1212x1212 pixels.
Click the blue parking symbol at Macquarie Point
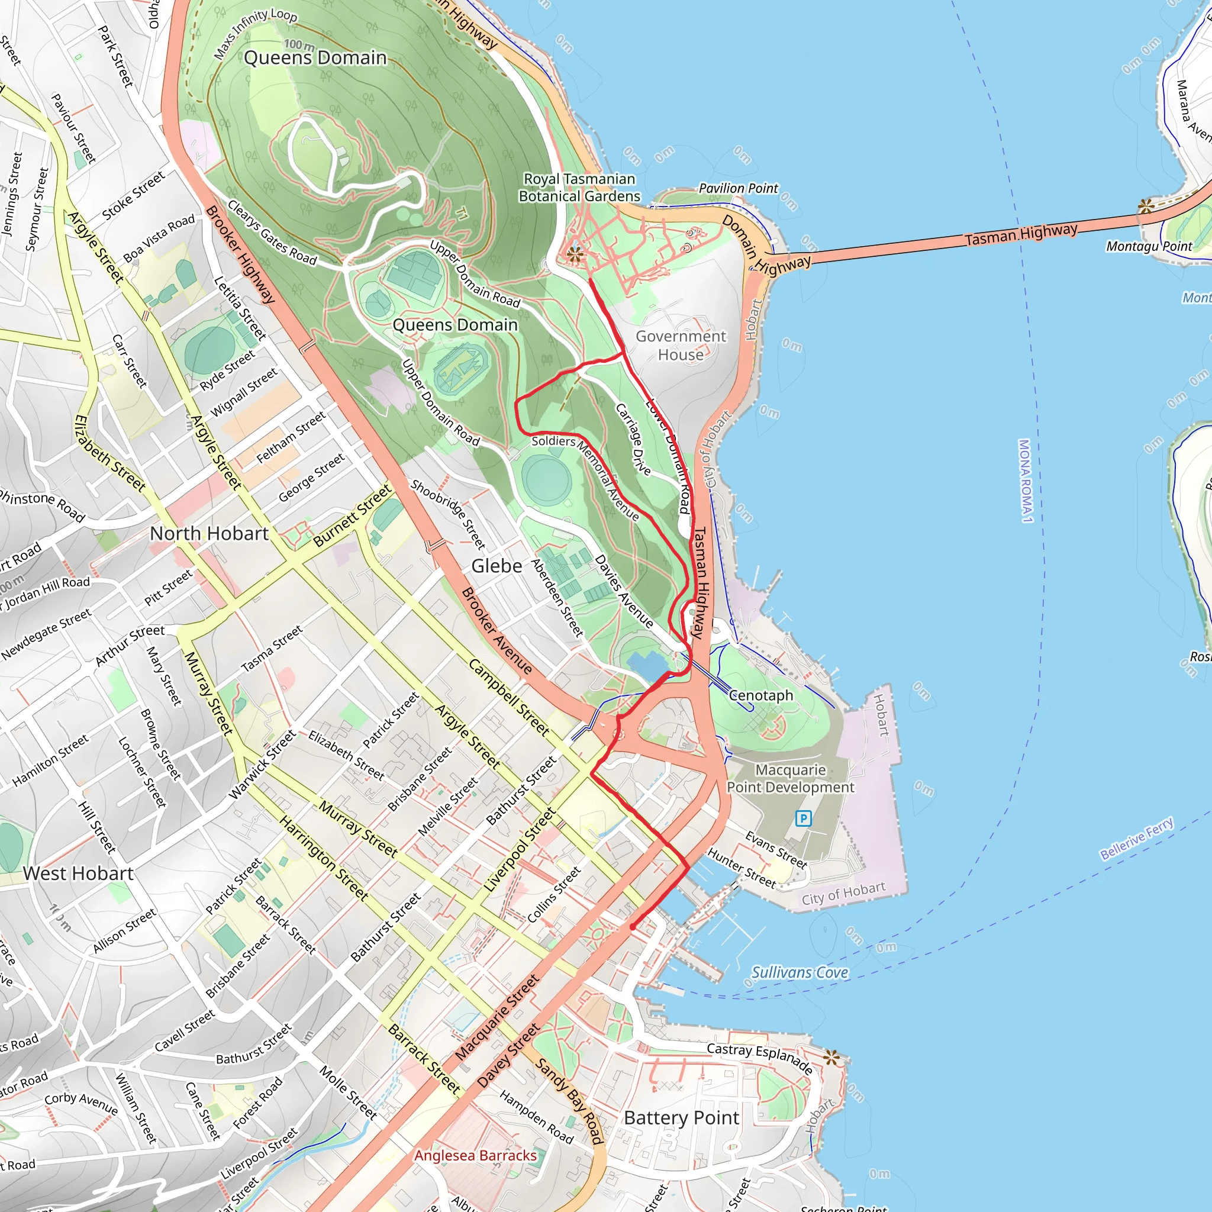(803, 818)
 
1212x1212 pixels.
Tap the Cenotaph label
(761, 695)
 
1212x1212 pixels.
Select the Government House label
(681, 345)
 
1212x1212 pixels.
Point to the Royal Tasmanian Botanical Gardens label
(579, 188)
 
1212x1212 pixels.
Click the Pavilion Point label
(738, 188)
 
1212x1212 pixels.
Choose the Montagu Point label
(1149, 247)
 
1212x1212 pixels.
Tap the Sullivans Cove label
(800, 972)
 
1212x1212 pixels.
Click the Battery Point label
(681, 1117)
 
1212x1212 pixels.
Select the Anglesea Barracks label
(476, 1155)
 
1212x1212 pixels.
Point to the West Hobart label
(79, 873)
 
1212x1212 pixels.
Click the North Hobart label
(209, 533)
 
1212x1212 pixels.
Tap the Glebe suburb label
(496, 566)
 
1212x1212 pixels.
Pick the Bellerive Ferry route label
(1137, 838)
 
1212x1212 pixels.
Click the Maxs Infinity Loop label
(254, 33)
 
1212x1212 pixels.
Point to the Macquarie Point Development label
(790, 779)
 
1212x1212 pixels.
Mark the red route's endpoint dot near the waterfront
(633, 927)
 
